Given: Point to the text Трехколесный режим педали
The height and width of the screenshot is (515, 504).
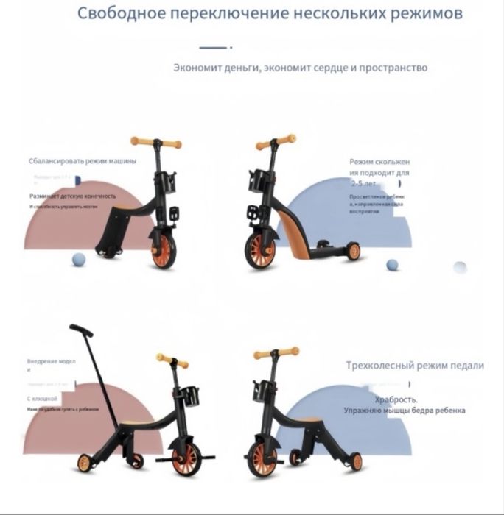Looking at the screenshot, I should [x=415, y=365].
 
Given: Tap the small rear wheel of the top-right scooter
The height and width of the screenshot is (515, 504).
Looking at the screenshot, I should [x=353, y=251].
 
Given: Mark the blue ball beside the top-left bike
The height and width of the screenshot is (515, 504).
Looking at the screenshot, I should [x=78, y=258].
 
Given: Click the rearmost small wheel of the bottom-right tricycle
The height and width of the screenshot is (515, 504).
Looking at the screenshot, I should [x=356, y=461].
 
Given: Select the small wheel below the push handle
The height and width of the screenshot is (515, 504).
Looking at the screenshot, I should [x=85, y=462].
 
